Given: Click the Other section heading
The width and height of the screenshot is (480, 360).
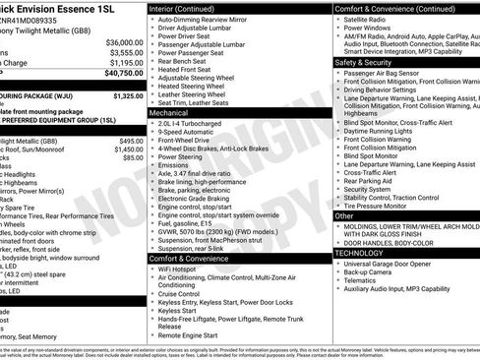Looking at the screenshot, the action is (x=345, y=215).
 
